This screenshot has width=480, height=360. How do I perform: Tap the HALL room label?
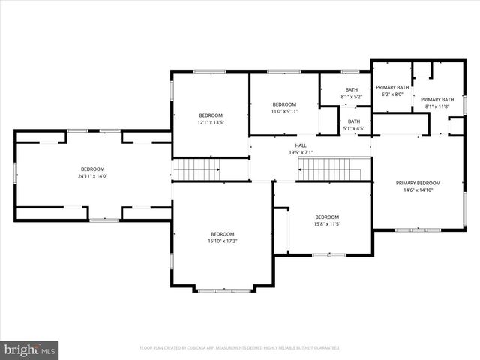pos(301,145)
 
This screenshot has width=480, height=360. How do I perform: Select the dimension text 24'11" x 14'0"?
pos(92,176)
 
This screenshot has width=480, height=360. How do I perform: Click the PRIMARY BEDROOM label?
pos(418,183)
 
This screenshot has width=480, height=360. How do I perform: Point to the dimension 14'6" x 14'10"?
pos(418,190)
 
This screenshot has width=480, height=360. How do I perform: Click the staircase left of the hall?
pos(196,169)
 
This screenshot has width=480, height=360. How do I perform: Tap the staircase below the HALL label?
pos(329,169)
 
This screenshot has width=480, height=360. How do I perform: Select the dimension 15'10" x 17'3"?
pos(223,241)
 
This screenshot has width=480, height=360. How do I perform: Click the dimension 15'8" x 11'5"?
pos(327,224)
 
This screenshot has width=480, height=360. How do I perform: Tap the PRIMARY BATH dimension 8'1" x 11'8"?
pos(437,106)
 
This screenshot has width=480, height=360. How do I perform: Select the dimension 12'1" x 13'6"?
pos(211,122)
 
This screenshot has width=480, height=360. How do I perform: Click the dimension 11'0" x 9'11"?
pos(284,111)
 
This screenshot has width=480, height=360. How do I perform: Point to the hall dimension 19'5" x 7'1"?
pos(301,152)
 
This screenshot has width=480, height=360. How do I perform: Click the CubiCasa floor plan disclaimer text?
pos(239,348)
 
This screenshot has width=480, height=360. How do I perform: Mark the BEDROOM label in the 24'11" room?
pos(92,169)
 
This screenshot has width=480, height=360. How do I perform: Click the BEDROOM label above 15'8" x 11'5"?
pos(327,217)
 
